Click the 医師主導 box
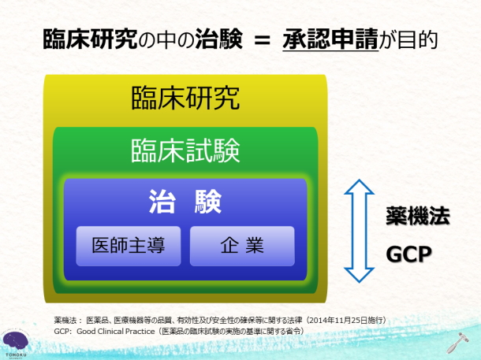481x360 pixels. pos(129,246)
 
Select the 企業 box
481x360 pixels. pos(242,246)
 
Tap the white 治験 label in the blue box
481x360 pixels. pos(185,202)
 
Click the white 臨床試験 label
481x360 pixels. pos(185,150)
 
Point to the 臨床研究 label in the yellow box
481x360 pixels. pos(185,98)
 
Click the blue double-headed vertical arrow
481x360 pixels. pos(359,231)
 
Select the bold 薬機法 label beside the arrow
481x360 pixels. pos(418,216)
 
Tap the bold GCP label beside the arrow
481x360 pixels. pos(408,254)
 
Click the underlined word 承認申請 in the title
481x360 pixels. pos(330,39)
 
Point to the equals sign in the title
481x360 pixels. pos(262,40)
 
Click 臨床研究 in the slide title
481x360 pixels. pos(90,39)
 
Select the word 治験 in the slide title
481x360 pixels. pos(218,39)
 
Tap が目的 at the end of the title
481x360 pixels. pos(408,39)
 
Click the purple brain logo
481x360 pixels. pos(15,342)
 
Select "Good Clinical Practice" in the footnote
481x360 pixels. pos(116,332)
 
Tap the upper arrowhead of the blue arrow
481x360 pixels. pos(359,187)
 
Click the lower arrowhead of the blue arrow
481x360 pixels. pos(359,275)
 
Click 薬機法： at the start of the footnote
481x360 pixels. pos(68,321)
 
